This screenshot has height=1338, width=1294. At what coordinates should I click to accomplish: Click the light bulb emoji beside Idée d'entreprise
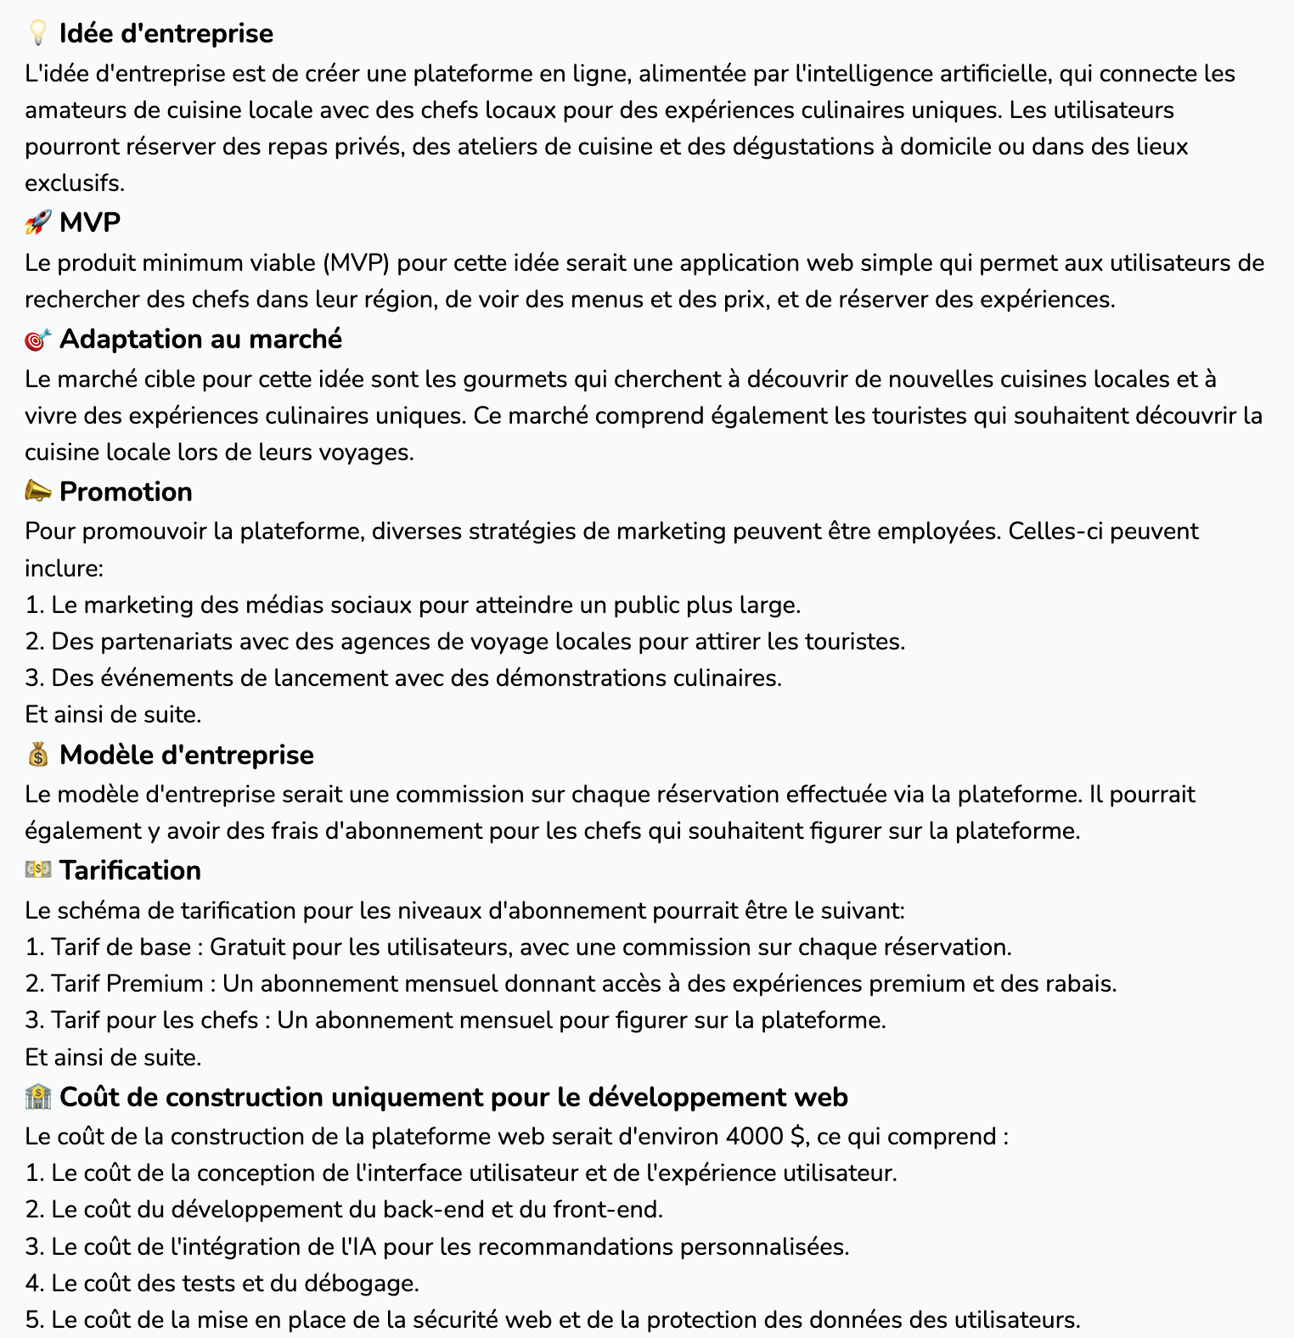coord(38,33)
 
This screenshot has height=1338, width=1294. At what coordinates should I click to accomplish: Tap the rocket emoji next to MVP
coord(38,222)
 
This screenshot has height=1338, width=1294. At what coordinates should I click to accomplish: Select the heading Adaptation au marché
coord(200,339)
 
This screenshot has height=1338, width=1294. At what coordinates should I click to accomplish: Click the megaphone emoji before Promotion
coord(38,492)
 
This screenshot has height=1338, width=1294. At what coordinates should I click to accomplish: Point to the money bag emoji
coord(38,755)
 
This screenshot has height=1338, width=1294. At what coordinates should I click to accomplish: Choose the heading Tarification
coord(130,870)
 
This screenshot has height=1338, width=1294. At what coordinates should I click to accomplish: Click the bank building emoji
coord(38,1097)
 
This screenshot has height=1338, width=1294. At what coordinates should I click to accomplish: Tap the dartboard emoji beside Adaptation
coord(38,340)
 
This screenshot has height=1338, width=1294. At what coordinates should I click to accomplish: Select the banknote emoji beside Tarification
coord(38,870)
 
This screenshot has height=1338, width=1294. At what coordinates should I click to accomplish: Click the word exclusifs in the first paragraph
coord(74,183)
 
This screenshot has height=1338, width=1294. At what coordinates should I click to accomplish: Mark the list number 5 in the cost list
coord(33,1319)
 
